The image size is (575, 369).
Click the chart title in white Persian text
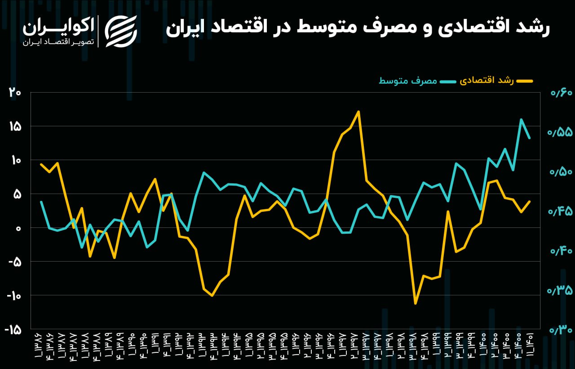358,28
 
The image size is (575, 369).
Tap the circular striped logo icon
121,31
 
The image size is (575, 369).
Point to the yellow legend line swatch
524,81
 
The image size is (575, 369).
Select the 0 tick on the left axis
18,228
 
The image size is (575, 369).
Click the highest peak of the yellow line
358,111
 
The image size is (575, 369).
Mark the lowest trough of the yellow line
416,303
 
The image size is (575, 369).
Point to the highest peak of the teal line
521,120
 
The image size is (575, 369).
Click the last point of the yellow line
530,201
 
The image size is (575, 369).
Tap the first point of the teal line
41,202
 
